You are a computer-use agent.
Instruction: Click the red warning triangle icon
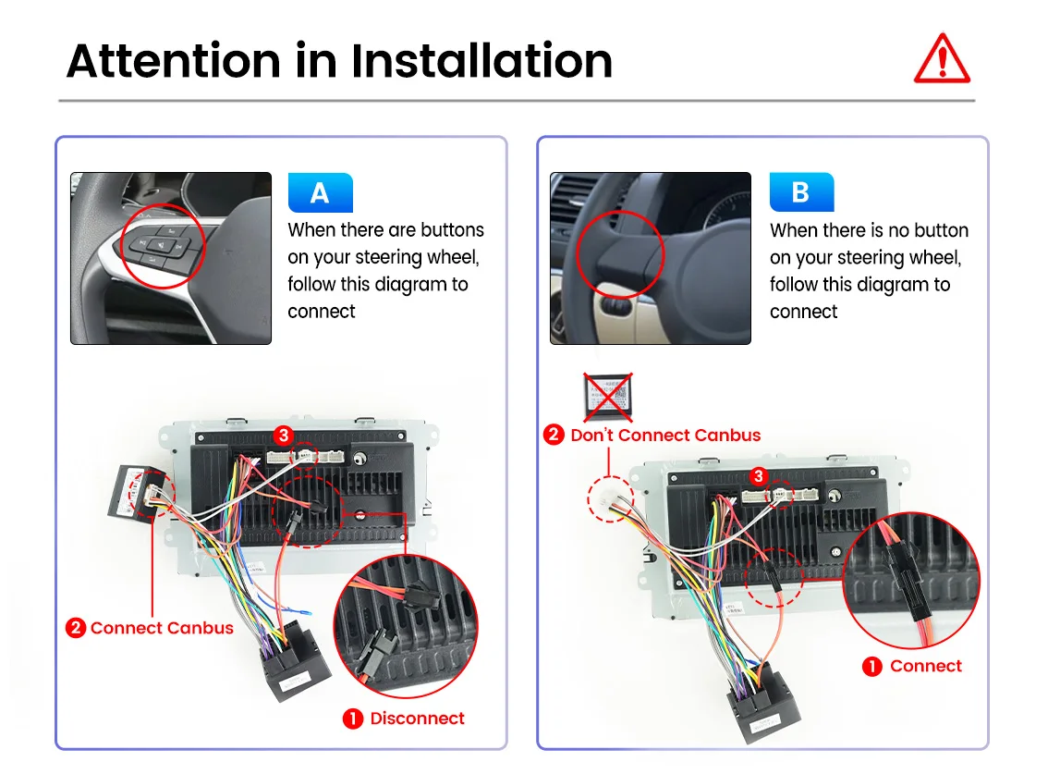click(942, 60)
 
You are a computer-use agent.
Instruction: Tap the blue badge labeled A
click(320, 192)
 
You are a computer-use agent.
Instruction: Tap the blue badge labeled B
click(801, 192)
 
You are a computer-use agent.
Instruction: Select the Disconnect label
click(417, 719)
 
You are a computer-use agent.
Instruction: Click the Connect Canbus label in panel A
click(162, 628)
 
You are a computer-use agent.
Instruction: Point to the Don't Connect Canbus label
click(665, 435)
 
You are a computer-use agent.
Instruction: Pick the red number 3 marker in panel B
click(759, 476)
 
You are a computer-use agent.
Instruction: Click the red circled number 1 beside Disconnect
click(352, 719)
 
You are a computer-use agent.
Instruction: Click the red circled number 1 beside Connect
click(871, 666)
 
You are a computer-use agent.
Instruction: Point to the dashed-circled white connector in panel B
click(611, 499)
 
